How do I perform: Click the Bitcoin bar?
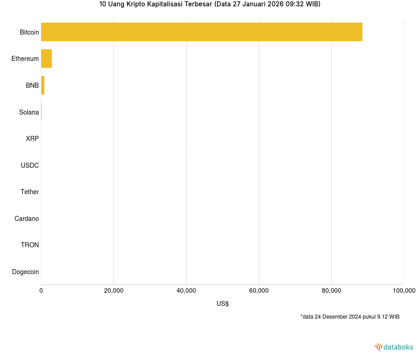(x=202, y=32)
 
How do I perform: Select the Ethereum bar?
(x=46, y=59)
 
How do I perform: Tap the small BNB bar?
(x=43, y=85)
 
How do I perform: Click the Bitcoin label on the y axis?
(x=29, y=32)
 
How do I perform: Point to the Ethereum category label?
(x=25, y=59)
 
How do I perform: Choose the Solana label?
(x=29, y=112)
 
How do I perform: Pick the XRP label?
(x=32, y=139)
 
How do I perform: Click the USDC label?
(x=30, y=165)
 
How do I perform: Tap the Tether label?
(x=30, y=192)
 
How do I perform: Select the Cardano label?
(x=26, y=219)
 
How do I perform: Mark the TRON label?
(x=30, y=245)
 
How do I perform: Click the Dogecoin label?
(x=25, y=272)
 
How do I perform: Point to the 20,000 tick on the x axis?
(x=114, y=291)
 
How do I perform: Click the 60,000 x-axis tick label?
(x=259, y=291)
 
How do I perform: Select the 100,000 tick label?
(x=404, y=291)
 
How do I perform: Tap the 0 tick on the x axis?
(x=41, y=291)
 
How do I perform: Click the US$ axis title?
(x=222, y=304)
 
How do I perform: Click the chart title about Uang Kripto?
(x=210, y=5)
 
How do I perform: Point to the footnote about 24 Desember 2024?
(x=350, y=317)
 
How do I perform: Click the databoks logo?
(x=394, y=347)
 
